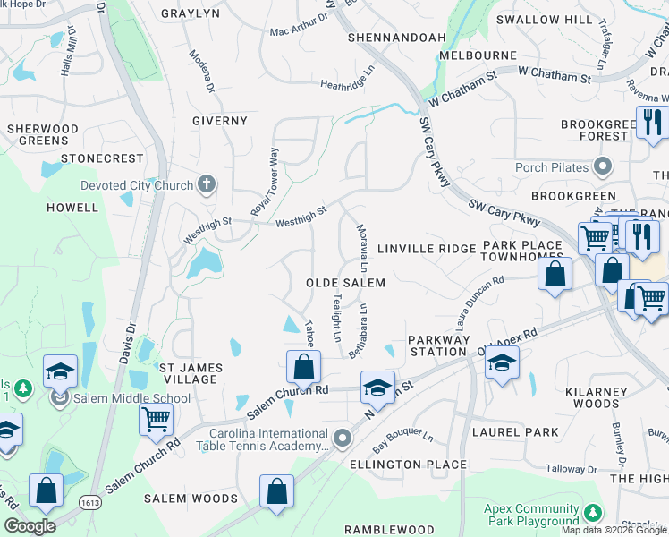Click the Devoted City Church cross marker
(207, 185)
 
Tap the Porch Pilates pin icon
(603, 166)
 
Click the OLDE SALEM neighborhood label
(345, 283)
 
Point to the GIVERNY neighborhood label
(219, 121)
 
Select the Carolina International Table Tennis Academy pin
(343, 437)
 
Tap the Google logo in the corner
(30, 526)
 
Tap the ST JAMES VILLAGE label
(191, 373)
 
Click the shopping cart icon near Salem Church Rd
(156, 417)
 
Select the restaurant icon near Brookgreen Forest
(652, 121)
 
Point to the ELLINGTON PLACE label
(408, 465)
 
